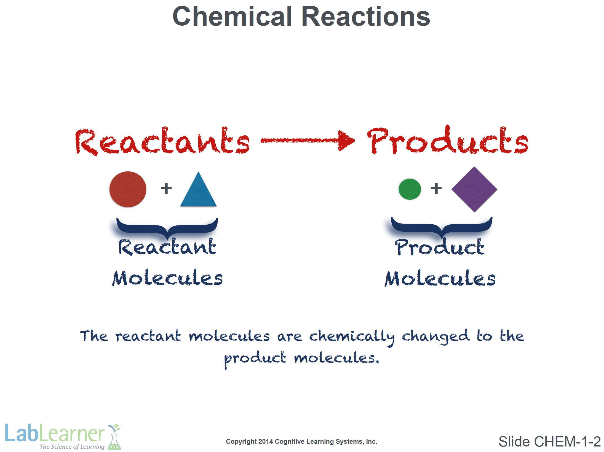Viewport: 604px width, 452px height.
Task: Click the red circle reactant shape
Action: (128, 189)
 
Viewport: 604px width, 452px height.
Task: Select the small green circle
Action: (410, 189)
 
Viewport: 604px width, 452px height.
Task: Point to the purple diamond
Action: (474, 189)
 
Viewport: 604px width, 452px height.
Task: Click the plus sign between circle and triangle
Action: (166, 189)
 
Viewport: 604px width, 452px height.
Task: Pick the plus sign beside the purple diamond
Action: (436, 189)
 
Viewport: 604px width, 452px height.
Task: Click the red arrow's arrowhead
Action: (346, 141)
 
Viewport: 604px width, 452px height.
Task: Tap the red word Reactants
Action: (162, 141)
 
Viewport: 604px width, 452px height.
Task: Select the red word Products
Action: (447, 140)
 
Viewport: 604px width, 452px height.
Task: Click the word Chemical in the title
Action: (232, 17)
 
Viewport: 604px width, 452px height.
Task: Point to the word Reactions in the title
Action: (366, 17)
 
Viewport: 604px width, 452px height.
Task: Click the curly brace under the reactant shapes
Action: (167, 228)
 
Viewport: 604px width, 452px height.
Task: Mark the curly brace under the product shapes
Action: (442, 227)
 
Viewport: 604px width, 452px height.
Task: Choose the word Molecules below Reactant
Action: (167, 278)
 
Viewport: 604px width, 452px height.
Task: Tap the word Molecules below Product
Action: (440, 278)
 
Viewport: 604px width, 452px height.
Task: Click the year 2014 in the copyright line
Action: (266, 442)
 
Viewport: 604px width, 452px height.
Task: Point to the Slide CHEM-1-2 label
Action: (549, 442)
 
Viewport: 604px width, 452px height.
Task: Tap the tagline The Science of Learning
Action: (72, 447)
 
